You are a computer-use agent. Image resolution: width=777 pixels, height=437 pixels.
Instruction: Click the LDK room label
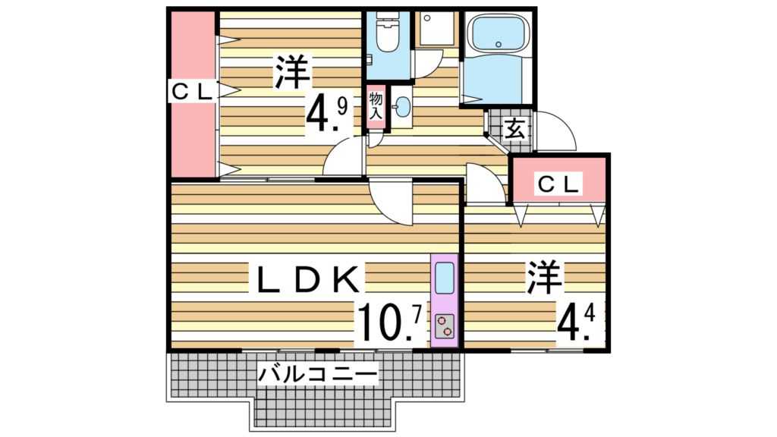[x=307, y=279]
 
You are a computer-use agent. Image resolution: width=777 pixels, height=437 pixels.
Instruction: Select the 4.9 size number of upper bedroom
[x=327, y=114]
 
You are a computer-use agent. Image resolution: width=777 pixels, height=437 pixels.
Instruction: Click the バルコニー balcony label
[x=317, y=374]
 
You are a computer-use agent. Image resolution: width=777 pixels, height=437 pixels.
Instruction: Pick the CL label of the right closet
[x=558, y=182]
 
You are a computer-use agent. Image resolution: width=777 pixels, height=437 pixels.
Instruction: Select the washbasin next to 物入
[x=401, y=106]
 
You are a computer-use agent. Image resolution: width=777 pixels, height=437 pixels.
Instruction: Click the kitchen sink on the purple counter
[x=445, y=274]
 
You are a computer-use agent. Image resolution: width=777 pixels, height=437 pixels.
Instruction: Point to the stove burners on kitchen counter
[x=445, y=324]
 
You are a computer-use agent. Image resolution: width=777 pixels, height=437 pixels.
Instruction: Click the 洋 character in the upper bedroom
[x=291, y=72]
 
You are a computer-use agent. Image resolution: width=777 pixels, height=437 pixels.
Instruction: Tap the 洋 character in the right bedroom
[x=546, y=278]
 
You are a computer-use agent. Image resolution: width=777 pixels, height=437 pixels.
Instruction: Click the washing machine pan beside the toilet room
[x=435, y=29]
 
